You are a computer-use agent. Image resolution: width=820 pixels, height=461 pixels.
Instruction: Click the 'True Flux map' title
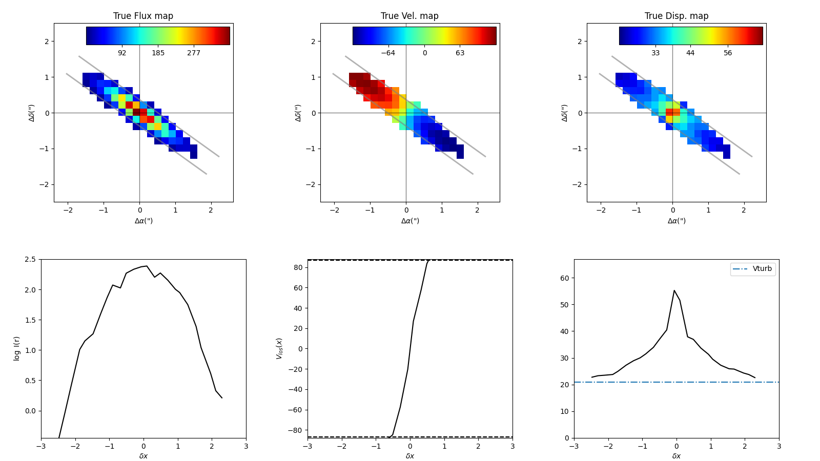coord(143,16)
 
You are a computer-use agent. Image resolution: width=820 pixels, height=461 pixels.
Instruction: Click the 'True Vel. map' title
coord(409,16)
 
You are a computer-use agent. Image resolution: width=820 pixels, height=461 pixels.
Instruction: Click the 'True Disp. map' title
coord(676,16)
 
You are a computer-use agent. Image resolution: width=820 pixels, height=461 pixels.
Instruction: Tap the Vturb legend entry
coord(762,269)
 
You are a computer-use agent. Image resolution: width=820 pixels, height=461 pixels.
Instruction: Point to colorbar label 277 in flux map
coord(194,53)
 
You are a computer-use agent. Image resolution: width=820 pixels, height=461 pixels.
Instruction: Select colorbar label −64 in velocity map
coord(387,53)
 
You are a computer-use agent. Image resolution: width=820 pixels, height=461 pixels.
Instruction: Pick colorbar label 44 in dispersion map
coord(690,53)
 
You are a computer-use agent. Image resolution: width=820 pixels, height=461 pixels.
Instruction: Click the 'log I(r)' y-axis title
coord(17,348)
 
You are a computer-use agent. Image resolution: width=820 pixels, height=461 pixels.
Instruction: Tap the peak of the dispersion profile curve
coord(674,290)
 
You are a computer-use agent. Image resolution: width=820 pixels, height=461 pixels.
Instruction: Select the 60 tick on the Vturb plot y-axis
coord(564,278)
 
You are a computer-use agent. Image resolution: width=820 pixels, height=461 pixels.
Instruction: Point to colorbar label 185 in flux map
coord(158,53)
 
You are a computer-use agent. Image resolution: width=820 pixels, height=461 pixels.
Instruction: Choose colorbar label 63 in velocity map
coord(460,53)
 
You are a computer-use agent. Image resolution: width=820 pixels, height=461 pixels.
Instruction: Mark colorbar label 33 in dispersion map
coord(655,53)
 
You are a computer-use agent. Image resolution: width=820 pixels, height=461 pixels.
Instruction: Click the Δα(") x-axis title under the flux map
coord(143,221)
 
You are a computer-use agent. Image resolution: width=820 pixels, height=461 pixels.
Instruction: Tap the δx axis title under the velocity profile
coord(410,456)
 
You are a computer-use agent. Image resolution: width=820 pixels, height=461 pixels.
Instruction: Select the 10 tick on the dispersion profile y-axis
coord(564,411)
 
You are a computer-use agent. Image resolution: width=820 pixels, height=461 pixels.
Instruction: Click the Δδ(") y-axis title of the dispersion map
coord(564,113)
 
